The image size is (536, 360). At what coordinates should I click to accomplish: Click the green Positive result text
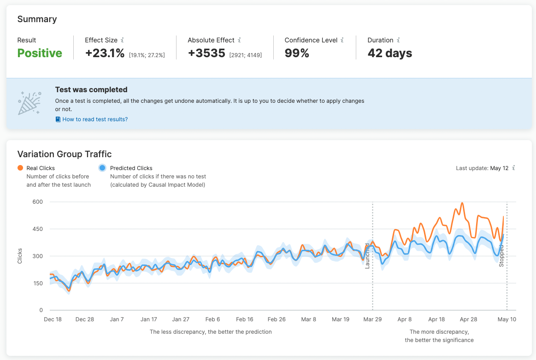40,53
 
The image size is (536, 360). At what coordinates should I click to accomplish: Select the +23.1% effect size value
105,53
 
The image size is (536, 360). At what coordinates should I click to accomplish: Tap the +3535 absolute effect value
206,53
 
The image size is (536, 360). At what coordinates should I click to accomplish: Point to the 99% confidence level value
297,53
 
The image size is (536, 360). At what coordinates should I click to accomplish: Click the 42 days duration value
389,53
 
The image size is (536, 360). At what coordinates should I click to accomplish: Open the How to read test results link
95,119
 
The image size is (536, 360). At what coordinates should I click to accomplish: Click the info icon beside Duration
398,41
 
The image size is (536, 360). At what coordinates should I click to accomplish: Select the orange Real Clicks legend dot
20,168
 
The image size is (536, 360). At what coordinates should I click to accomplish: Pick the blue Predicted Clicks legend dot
103,168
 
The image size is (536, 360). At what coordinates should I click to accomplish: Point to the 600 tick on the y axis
37,202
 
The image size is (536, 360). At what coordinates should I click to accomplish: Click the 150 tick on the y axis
37,283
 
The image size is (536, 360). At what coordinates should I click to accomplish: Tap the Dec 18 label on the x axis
53,319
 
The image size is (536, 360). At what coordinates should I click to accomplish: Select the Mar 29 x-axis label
372,319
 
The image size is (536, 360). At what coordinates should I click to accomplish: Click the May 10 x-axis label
507,319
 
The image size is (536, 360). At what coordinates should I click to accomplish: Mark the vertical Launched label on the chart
367,256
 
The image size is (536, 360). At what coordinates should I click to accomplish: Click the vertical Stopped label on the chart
501,256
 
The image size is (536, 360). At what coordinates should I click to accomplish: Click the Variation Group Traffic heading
65,154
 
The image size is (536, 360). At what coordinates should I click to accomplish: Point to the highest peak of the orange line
462,203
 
